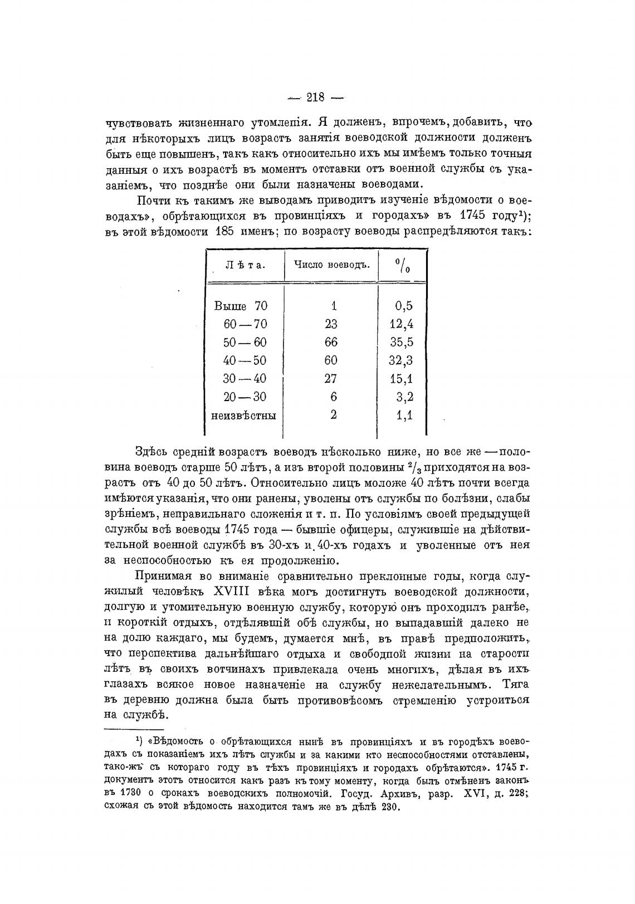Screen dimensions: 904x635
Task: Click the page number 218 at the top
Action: (x=315, y=97)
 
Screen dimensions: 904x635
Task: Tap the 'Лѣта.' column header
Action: (x=245, y=265)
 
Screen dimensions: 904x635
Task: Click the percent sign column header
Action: (x=403, y=265)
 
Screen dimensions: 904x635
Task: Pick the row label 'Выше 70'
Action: (x=241, y=306)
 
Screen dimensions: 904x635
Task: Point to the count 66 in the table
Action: (x=331, y=342)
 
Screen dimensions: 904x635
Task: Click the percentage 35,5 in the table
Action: (x=401, y=342)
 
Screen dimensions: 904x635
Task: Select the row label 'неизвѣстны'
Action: (x=245, y=415)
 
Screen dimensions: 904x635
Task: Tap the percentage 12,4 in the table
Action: (x=401, y=324)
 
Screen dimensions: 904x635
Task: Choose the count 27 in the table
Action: (x=331, y=379)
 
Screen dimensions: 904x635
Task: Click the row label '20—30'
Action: (x=245, y=397)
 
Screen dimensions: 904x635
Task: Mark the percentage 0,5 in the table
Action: (x=403, y=306)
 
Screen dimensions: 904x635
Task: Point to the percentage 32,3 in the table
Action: (x=401, y=360)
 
